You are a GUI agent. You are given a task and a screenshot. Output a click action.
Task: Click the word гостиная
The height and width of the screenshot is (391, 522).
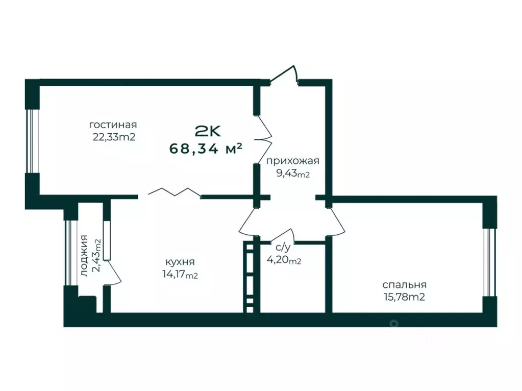point(113,125)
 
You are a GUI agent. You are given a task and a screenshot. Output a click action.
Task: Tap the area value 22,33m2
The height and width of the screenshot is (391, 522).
point(114,137)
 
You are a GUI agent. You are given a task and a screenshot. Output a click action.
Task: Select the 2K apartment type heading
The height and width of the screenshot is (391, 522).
point(208,132)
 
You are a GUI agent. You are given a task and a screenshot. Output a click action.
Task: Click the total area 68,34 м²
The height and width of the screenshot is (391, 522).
point(206,149)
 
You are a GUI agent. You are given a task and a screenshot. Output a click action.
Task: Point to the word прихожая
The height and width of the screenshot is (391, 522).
point(292,161)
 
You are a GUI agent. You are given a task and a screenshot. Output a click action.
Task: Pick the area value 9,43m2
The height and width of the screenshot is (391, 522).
point(293,174)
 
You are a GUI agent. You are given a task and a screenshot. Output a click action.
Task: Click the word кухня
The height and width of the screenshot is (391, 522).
point(180,262)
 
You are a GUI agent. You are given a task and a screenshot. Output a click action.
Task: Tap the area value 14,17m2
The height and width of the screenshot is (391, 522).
point(180,275)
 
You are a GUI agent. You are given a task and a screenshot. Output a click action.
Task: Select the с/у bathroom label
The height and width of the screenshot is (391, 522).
point(283,247)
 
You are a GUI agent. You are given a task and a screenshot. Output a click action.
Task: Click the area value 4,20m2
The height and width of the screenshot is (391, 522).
point(284,259)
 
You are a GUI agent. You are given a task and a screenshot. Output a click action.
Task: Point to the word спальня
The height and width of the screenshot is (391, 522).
point(404,285)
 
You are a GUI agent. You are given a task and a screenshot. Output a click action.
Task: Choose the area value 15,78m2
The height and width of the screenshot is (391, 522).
point(405,297)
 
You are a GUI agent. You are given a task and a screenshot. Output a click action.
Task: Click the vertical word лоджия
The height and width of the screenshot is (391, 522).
point(85,256)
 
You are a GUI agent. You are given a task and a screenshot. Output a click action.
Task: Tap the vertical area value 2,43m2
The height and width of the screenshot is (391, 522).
point(97,255)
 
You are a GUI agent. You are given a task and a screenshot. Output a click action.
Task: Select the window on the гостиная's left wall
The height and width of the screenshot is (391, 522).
point(32,141)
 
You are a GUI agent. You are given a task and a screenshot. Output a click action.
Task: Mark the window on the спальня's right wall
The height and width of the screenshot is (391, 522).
point(489,262)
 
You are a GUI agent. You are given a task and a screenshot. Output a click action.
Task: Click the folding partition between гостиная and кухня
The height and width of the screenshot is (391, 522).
point(174,192)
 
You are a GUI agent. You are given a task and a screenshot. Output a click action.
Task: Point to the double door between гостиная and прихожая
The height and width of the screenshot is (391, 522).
point(265,139)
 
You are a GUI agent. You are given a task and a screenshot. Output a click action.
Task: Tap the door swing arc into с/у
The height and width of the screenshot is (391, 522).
point(282,235)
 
